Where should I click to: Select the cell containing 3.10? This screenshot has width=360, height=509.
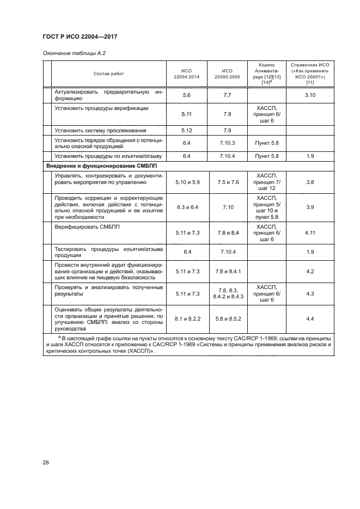click(309, 95)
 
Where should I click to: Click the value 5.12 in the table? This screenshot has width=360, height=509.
click(186, 130)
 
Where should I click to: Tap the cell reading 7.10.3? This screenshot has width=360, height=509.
click(227, 143)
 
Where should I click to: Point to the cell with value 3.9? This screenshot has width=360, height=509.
click(309, 207)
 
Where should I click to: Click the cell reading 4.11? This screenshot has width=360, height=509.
click(309, 232)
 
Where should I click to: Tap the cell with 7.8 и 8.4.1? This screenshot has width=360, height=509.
click(228, 271)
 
